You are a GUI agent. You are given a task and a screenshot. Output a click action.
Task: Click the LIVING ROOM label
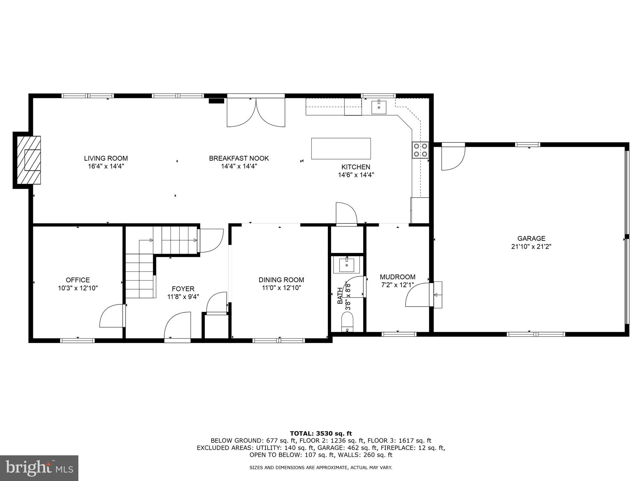[x=106, y=158]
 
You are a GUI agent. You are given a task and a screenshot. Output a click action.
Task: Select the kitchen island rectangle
[x=341, y=148]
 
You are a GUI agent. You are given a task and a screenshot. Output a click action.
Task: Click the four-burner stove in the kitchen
[x=420, y=150]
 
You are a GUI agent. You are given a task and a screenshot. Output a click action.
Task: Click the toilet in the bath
[x=347, y=323]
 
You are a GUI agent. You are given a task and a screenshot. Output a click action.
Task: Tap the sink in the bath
[x=347, y=265]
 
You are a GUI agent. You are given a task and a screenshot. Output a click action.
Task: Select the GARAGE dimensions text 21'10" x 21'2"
[x=531, y=246]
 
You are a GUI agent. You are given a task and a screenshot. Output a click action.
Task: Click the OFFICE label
[x=78, y=280]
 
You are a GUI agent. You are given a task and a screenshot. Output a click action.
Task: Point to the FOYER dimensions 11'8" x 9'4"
[x=183, y=297]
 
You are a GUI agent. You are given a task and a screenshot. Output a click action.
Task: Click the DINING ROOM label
[x=281, y=280]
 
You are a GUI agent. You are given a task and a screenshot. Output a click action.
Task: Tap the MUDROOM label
[x=397, y=277]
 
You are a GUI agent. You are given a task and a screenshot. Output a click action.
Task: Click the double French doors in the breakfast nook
[x=256, y=113]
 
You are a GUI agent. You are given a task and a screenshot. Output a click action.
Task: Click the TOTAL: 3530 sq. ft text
[x=321, y=433]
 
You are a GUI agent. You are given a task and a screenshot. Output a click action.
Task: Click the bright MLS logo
[x=39, y=468]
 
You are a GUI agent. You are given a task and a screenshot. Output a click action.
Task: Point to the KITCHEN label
[x=356, y=167]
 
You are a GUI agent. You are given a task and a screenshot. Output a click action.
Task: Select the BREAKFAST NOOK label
[x=239, y=158]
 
